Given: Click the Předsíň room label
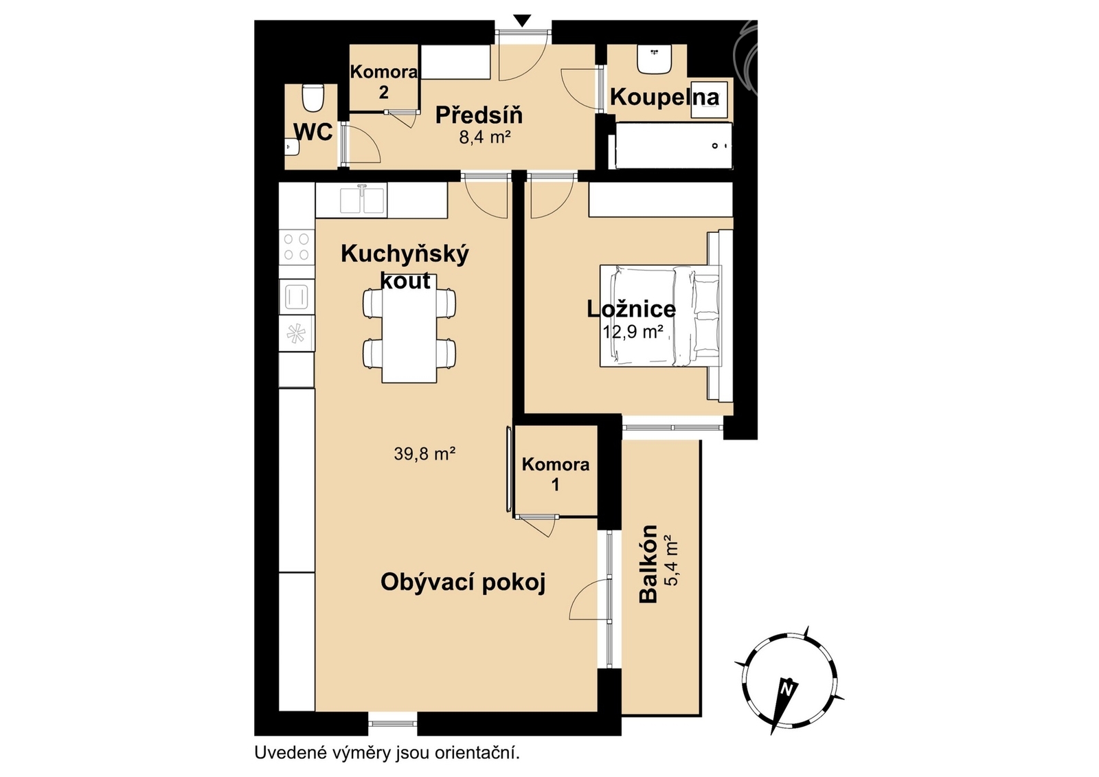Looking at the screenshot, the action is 479,116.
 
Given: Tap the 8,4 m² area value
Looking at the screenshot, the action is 485,137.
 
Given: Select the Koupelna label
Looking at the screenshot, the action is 665,97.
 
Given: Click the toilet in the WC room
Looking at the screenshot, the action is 312,98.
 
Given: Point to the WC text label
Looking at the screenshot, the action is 313,131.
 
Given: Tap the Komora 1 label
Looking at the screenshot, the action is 556,475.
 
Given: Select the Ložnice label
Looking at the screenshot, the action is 631,309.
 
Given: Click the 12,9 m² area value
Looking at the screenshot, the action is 633,333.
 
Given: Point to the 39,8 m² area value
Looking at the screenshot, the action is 425,453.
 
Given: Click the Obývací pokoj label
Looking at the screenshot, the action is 463,583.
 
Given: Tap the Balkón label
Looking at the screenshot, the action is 648,564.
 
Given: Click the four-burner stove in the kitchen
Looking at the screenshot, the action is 297,247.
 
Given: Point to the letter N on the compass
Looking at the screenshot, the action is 787,690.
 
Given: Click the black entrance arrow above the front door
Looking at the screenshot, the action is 523,21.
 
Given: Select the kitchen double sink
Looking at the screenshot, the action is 362,199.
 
